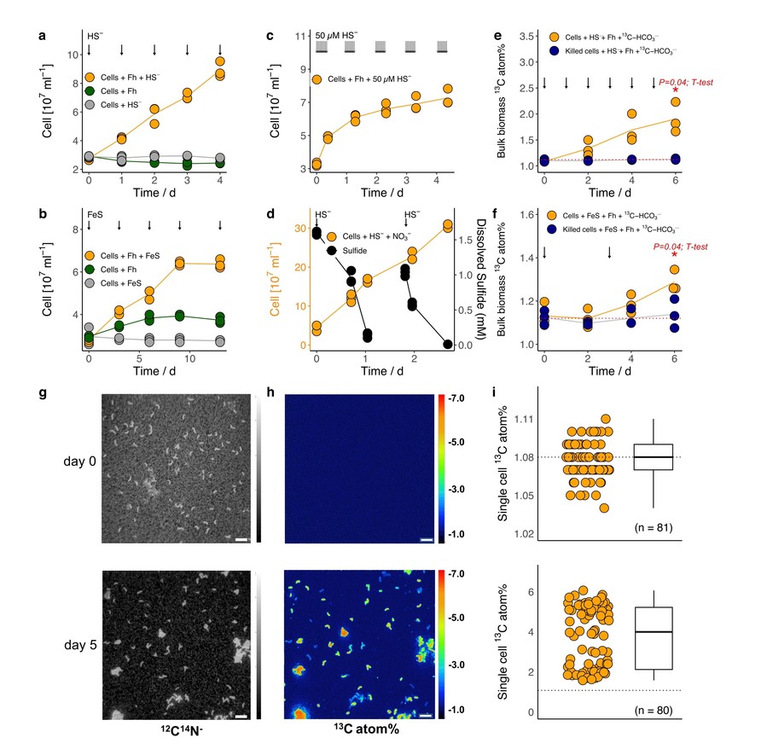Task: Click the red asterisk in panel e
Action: [x=675, y=91]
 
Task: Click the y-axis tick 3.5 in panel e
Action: [x=526, y=37]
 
